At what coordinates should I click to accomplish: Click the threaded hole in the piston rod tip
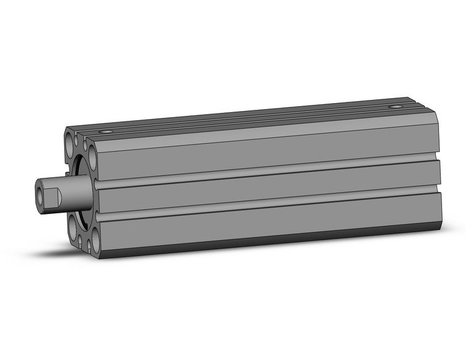40,195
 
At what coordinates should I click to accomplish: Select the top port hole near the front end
109,131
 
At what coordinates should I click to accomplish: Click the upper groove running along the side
264,170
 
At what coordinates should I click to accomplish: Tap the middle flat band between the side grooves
264,187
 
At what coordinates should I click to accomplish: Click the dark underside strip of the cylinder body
264,243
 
